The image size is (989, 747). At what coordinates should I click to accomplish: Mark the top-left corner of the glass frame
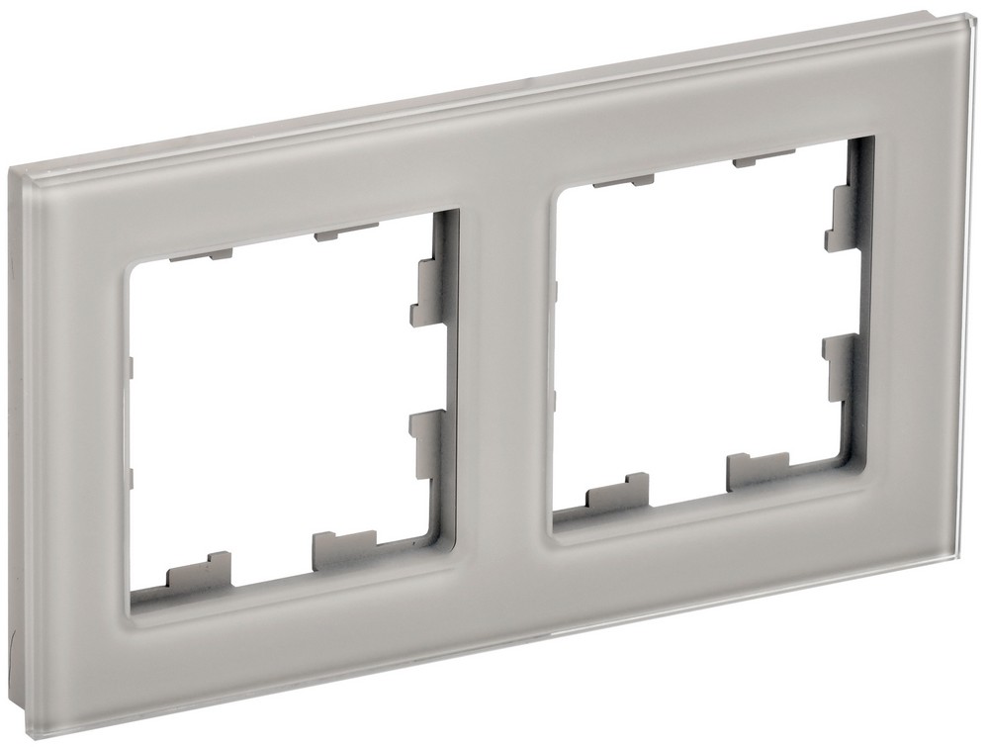pyautogui.click(x=20, y=170)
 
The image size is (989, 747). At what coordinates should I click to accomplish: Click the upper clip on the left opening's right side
pyautogui.click(x=427, y=292)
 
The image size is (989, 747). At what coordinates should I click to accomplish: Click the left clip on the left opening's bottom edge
pyautogui.click(x=198, y=572)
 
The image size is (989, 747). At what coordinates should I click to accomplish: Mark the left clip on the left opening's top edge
pyautogui.click(x=188, y=256)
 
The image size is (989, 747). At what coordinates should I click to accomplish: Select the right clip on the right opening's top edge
pyautogui.click(x=754, y=160)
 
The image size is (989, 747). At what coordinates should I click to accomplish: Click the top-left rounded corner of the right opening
pyautogui.click(x=567, y=198)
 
